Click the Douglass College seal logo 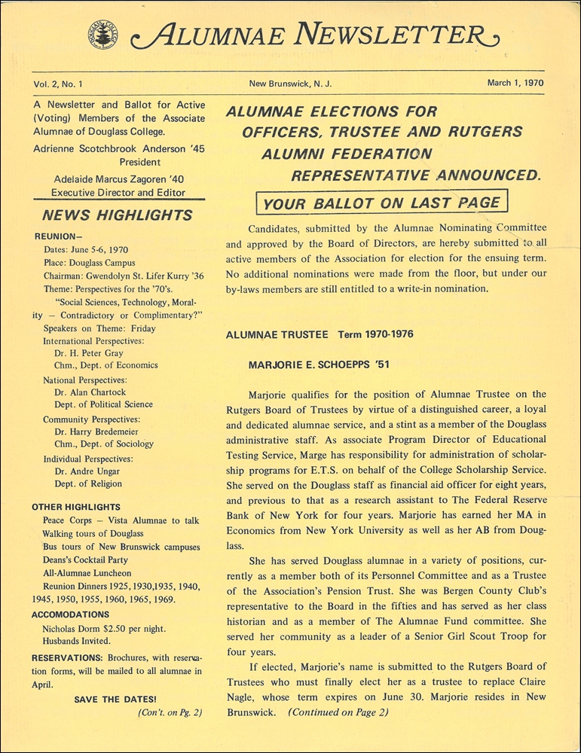tap(102, 32)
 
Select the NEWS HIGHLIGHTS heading tap(118, 215)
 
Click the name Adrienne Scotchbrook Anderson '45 tap(119, 149)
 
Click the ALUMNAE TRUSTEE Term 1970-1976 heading tap(320, 334)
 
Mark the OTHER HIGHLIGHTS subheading tap(78, 507)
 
